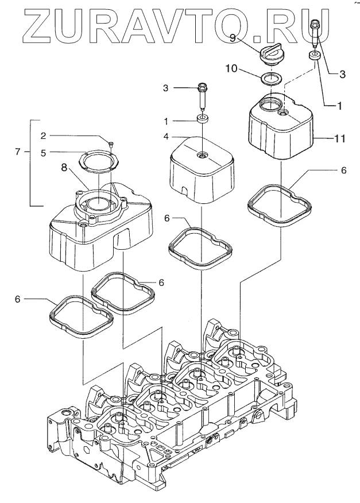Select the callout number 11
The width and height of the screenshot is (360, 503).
click(x=341, y=138)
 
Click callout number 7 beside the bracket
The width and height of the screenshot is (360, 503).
click(x=18, y=152)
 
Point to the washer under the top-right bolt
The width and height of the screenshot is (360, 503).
click(x=315, y=56)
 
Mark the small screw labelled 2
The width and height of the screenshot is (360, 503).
click(x=111, y=143)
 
